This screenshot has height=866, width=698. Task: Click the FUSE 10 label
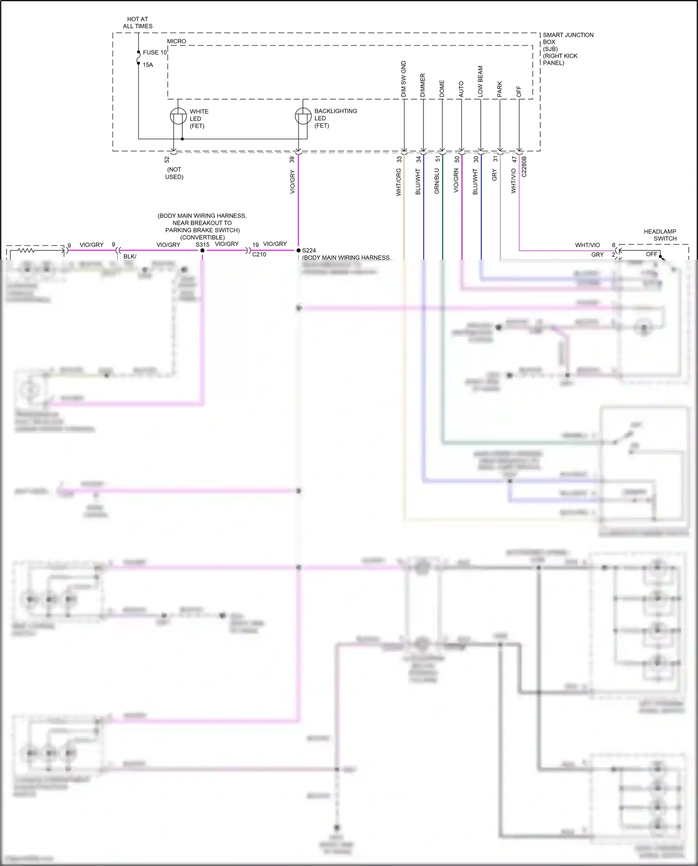154,53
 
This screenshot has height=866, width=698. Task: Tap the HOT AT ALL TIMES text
138,23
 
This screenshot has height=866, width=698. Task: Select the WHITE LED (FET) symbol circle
178,116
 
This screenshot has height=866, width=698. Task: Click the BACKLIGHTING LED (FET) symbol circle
303,116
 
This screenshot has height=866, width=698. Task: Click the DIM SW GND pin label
403,79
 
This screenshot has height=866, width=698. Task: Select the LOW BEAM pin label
480,81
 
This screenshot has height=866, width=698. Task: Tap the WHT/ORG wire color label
398,182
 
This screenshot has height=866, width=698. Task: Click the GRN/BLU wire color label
436,181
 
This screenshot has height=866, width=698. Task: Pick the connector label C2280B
524,167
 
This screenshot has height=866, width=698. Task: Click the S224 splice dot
298,250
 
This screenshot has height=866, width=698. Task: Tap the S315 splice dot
202,250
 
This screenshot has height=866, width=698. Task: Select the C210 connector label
259,255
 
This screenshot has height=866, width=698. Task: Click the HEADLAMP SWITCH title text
660,235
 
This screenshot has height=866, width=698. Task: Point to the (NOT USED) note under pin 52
174,173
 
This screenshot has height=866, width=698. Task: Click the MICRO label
176,41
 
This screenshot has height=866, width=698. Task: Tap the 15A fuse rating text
148,65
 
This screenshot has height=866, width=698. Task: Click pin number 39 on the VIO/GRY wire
292,159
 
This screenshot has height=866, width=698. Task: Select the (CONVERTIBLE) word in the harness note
202,237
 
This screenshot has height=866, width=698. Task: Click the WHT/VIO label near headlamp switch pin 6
587,245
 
